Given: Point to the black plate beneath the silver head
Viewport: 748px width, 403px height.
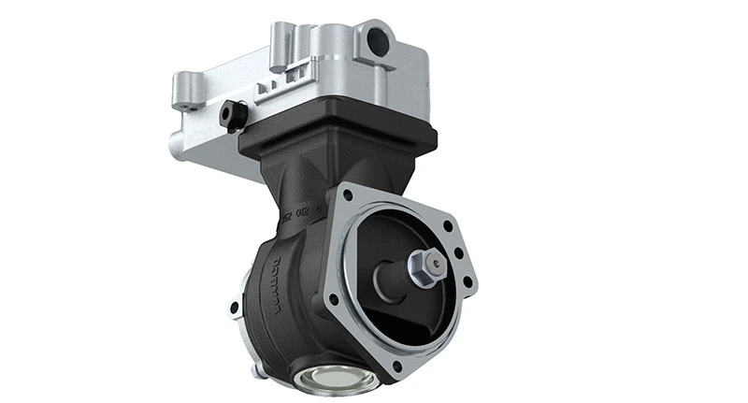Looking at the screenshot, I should (x=337, y=136).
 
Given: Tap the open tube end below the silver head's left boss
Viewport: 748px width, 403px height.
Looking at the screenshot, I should (x=176, y=145).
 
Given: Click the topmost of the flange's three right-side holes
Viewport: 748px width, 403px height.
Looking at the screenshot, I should (x=449, y=225).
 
